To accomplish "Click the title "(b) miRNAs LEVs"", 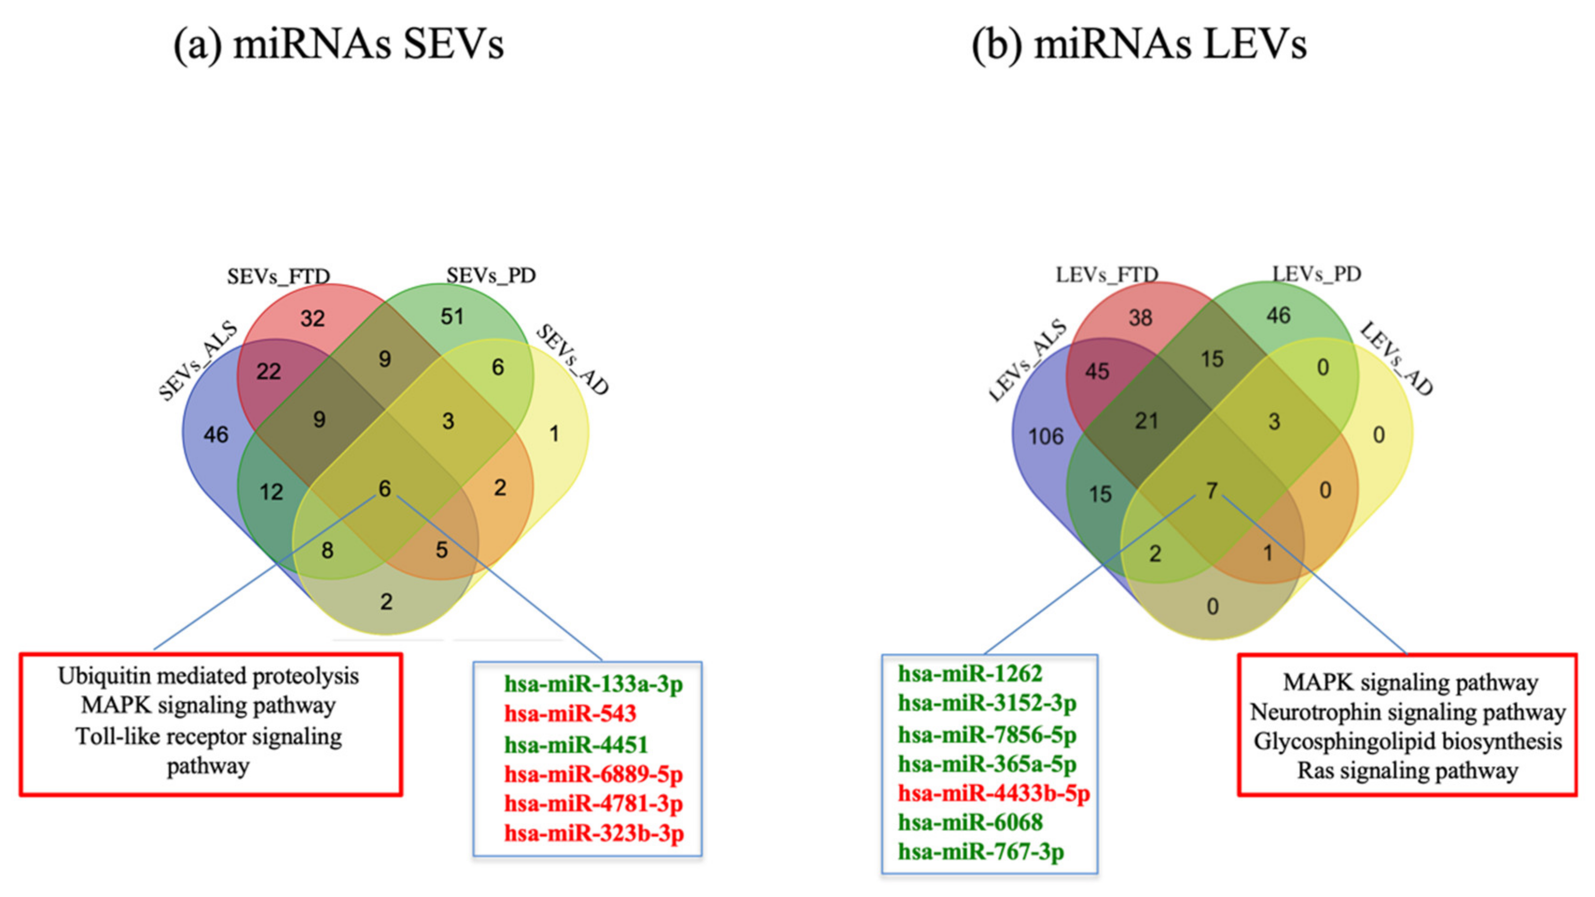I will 1139,45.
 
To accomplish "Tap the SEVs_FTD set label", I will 278,276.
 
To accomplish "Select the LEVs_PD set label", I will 1317,274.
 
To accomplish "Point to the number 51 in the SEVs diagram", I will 452,317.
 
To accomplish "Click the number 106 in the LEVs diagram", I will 1046,436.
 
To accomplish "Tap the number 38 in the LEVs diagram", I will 1140,317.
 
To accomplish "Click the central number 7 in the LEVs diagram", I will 1212,491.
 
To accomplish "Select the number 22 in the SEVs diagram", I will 269,372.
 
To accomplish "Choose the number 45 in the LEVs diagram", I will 1096,372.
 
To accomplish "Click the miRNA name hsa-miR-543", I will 569,714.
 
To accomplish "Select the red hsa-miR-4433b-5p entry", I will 994,793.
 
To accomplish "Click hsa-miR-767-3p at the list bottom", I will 981,852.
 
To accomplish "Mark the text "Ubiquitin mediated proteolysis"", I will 208,676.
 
